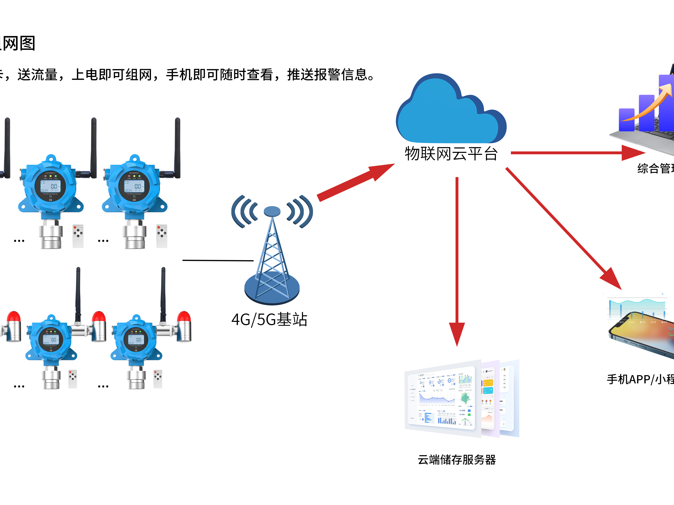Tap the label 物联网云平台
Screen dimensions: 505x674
[451, 154]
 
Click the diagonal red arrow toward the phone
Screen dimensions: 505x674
[564, 228]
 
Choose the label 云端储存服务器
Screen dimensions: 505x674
[456, 460]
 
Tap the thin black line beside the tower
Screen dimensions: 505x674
[218, 260]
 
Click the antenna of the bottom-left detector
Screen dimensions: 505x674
[78, 292]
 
